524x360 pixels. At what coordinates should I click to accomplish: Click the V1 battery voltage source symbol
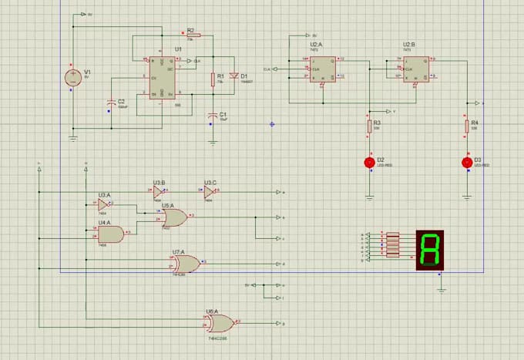(72, 77)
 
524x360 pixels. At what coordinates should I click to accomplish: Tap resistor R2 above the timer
(193, 35)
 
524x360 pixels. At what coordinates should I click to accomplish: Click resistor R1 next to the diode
(212, 78)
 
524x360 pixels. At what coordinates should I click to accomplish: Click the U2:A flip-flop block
(324, 68)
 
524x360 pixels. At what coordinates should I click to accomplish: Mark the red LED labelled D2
(369, 162)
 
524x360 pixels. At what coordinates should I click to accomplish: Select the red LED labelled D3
(465, 162)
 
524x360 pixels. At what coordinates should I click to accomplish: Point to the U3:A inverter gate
(102, 204)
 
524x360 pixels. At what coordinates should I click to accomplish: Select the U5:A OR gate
(174, 218)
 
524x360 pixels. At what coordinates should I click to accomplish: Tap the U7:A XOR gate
(186, 262)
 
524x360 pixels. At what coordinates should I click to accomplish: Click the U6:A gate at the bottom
(220, 323)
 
